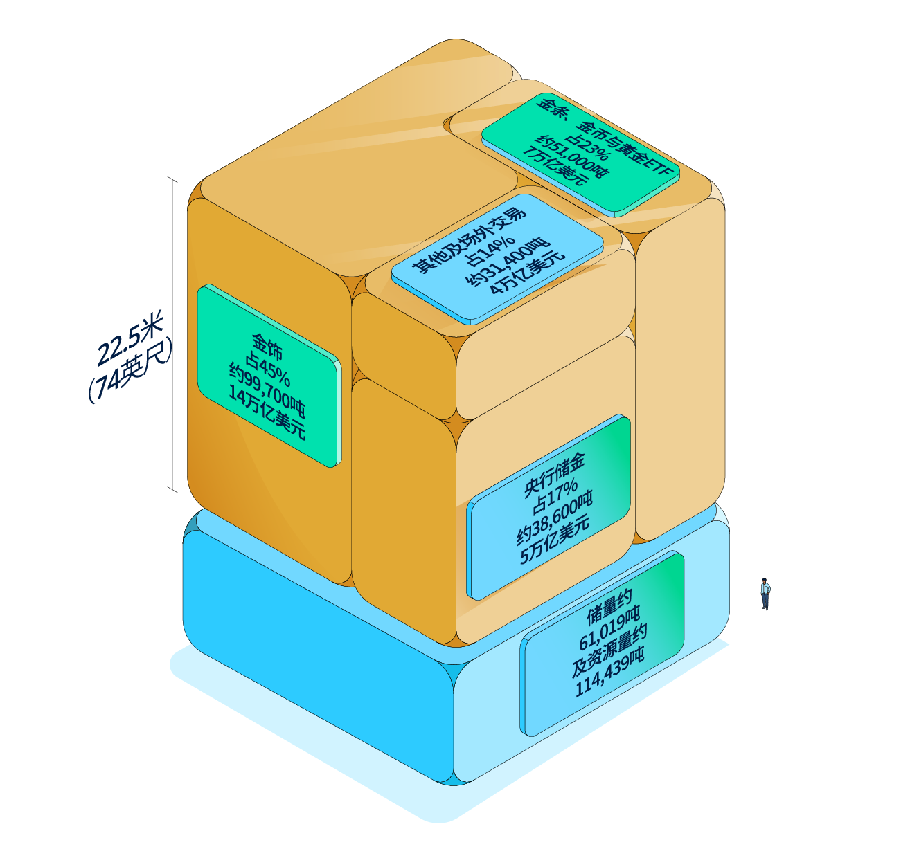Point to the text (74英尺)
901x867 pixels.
(130, 371)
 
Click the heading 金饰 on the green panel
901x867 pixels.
(267, 347)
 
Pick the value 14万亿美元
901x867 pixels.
(267, 413)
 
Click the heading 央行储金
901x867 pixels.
(554, 475)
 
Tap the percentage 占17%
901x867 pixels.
(555, 496)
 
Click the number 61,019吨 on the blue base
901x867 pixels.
(609, 628)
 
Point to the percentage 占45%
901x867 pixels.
(267, 369)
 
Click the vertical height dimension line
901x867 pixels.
(173, 334)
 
